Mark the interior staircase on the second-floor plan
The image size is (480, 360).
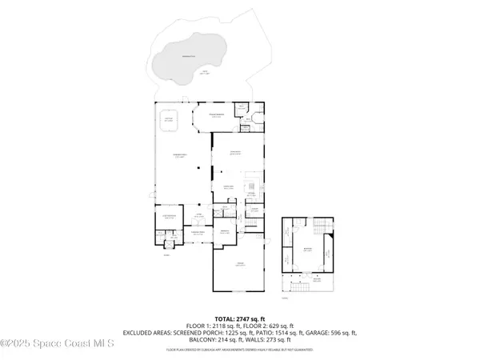click(322, 228)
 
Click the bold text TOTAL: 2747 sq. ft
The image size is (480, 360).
click(239, 318)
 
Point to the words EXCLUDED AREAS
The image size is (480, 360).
click(149, 333)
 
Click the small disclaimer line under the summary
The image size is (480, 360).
click(239, 350)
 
